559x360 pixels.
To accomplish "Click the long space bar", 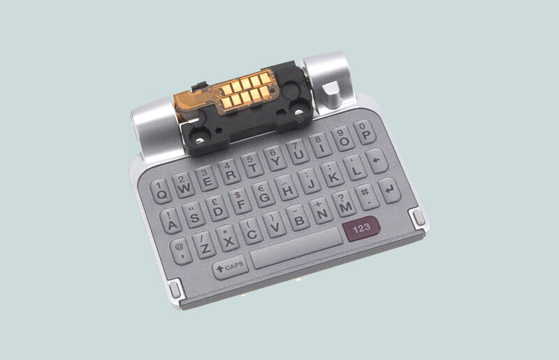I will pyautogui.click(x=293, y=255).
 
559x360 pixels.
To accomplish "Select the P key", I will pyautogui.click(x=364, y=132).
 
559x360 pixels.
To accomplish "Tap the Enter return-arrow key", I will pyautogui.click(x=391, y=189).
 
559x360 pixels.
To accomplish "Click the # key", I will pyautogui.click(x=365, y=196).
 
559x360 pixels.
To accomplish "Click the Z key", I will pyautogui.click(x=205, y=245).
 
